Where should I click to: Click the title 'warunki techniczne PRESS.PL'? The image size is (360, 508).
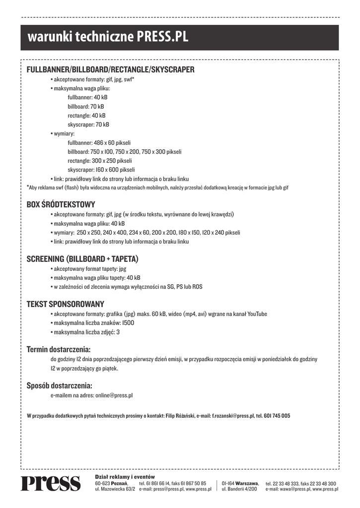click(x=108, y=37)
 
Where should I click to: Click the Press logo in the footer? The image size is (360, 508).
click(x=50, y=483)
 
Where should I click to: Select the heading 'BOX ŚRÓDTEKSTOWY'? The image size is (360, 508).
click(x=61, y=204)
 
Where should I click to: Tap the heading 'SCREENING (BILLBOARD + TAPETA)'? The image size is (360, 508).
click(x=82, y=259)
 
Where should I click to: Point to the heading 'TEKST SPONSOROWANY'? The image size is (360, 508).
click(x=65, y=304)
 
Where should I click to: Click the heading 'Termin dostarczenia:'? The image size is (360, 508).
click(x=58, y=349)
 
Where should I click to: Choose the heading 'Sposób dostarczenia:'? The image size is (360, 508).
click(x=59, y=385)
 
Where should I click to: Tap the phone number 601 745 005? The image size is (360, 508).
click(x=277, y=416)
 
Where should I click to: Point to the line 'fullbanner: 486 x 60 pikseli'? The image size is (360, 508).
click(x=99, y=142)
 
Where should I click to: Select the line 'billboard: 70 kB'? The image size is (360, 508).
click(x=86, y=107)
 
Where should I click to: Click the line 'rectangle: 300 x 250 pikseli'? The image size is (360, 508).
click(x=100, y=161)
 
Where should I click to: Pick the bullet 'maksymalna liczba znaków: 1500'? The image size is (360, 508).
click(x=94, y=323)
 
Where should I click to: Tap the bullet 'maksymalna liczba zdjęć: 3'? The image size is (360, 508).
click(x=86, y=332)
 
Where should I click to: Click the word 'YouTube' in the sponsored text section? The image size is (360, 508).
click(x=257, y=314)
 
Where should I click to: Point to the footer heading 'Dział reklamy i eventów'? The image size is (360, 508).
click(x=125, y=477)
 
